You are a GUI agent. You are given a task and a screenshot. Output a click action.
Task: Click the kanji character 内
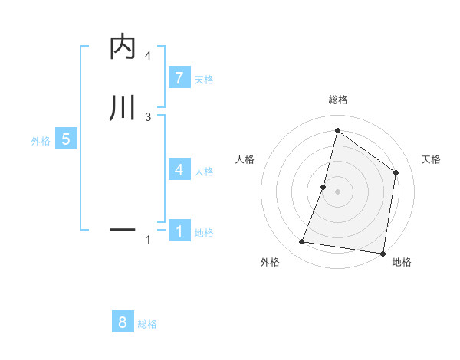(x=123, y=47)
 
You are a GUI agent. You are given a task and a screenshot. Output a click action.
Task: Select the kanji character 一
(x=123, y=229)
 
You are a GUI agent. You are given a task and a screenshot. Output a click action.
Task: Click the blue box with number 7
(x=179, y=77)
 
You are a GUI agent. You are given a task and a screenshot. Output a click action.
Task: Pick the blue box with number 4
(x=179, y=169)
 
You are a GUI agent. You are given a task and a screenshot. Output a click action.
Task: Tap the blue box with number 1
(x=179, y=230)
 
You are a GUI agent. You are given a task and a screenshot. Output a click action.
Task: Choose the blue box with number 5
(x=66, y=139)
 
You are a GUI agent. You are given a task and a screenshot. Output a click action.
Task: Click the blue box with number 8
(x=123, y=322)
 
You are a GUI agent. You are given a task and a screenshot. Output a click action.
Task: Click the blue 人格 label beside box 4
(x=203, y=172)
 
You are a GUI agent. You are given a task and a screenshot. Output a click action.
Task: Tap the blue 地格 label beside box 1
(x=203, y=233)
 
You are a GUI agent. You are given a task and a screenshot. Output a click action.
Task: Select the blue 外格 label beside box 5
(x=40, y=142)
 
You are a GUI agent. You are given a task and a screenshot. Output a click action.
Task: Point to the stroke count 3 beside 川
(x=147, y=116)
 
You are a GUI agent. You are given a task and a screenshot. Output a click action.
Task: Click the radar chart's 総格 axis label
(x=337, y=100)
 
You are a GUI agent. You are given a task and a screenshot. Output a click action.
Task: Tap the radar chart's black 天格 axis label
(x=431, y=159)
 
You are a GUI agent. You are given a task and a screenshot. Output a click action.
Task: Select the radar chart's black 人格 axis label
(x=245, y=159)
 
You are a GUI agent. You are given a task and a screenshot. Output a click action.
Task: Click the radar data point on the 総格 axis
(x=337, y=130)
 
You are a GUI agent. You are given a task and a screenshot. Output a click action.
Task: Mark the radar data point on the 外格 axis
(x=302, y=242)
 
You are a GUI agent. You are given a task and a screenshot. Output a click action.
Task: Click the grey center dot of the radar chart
(x=338, y=191)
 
